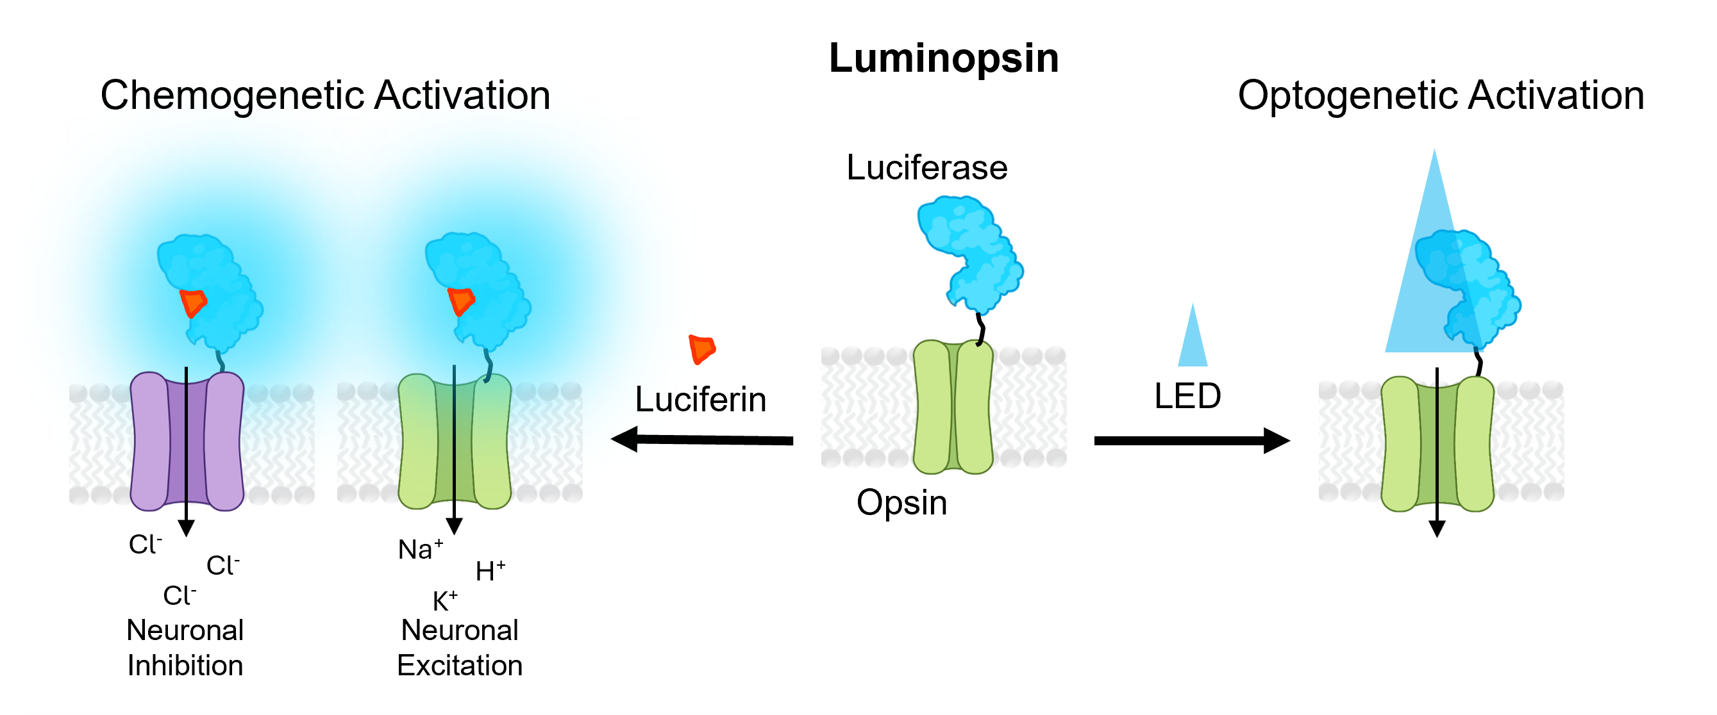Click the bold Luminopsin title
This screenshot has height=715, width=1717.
(x=944, y=59)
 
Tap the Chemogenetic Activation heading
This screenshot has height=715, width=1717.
(x=325, y=95)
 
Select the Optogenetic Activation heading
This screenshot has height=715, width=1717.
(x=1441, y=95)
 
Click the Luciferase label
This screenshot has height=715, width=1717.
(x=926, y=167)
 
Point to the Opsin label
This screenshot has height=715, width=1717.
(x=902, y=502)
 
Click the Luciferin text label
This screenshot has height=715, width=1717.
(x=701, y=400)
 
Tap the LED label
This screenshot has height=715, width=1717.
(x=1188, y=397)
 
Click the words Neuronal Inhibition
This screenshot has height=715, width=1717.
(x=185, y=648)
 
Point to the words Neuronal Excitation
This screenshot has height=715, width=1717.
(x=460, y=648)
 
